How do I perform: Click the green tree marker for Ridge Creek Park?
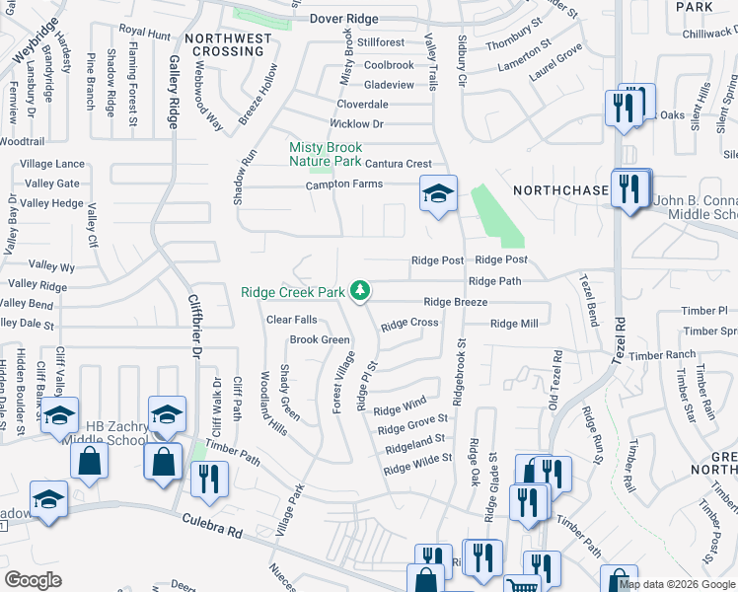[361, 290]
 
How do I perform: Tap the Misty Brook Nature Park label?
[326, 154]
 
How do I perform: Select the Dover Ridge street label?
[344, 19]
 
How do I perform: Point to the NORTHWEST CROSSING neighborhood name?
[228, 45]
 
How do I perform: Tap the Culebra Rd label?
[211, 531]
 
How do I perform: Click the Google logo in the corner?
[34, 580]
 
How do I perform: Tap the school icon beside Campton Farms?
[438, 192]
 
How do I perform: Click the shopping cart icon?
[523, 583]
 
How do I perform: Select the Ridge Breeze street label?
[456, 302]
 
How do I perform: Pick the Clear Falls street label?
[292, 320]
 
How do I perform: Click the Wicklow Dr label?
[355, 124]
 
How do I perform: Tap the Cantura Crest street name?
[399, 164]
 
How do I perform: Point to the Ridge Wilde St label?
[417, 464]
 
